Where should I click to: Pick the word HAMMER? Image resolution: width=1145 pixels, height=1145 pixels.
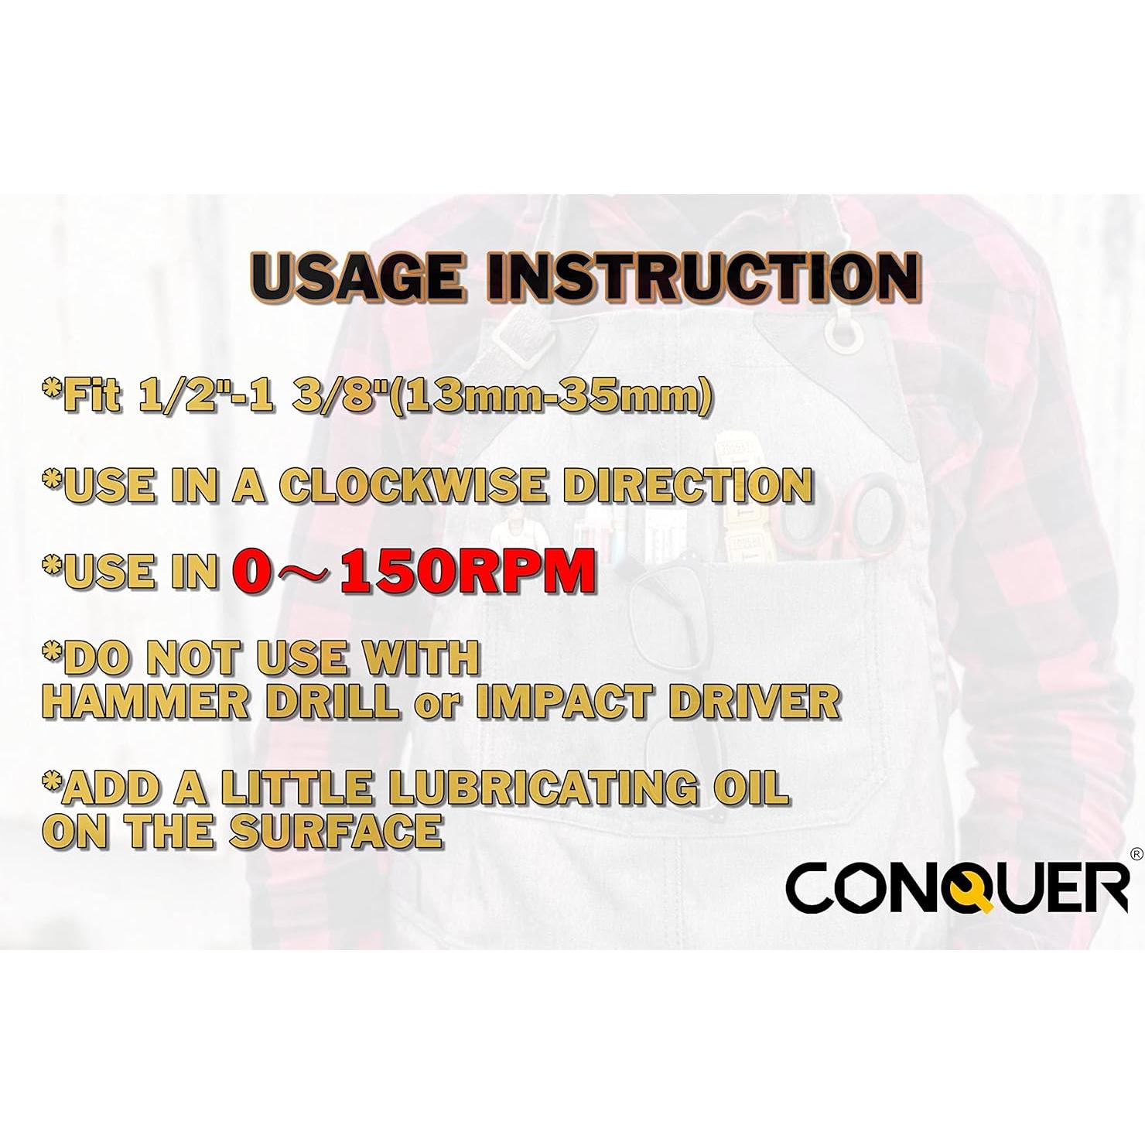pos(145,702)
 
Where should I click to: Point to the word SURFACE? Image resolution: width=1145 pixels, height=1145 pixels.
pos(336,831)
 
